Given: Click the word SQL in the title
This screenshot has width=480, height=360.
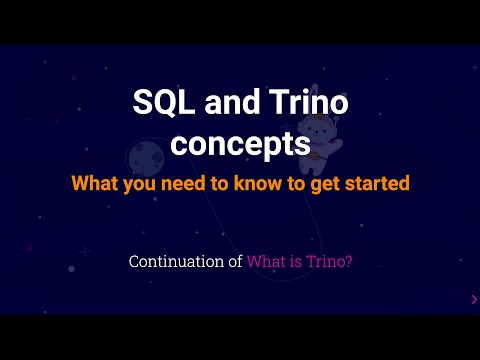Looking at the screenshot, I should pyautogui.click(x=159, y=103).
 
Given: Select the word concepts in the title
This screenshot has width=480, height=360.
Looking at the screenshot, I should pyautogui.click(x=240, y=142).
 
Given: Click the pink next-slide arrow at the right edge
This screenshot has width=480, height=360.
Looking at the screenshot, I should pyautogui.click(x=473, y=298).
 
